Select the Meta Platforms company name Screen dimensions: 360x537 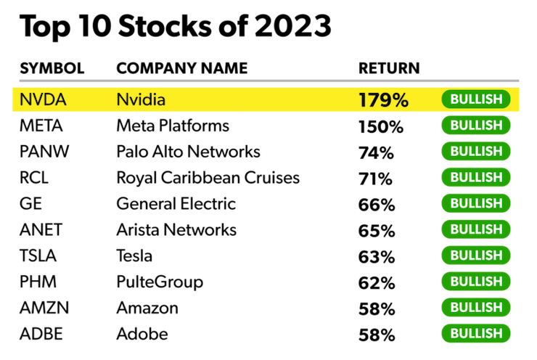(173, 126)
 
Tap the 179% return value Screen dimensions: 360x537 (383, 99)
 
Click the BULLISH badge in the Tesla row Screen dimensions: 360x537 (476, 255)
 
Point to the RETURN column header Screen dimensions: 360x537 (389, 69)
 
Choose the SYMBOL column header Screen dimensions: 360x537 (52, 69)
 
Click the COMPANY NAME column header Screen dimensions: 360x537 (182, 69)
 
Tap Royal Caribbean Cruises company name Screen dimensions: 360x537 (208, 178)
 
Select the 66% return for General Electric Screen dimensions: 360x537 (376, 205)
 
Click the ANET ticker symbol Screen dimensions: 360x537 (41, 230)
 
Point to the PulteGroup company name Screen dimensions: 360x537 (160, 282)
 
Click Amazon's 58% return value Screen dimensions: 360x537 (376, 308)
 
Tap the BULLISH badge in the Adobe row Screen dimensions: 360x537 (476, 334)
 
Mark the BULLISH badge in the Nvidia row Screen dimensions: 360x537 (476, 99)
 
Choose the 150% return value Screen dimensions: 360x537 (380, 126)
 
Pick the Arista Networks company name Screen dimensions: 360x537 (176, 230)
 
